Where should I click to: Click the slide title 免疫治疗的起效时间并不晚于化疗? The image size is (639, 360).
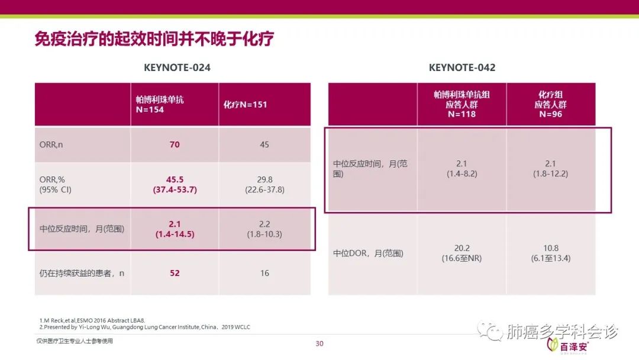pos(154,39)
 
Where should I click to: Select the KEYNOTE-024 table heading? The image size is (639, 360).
pos(177,67)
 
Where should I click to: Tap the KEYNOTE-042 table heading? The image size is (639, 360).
pos(462,67)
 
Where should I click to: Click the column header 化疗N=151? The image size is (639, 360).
pos(245,105)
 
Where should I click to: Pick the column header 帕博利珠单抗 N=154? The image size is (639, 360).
pos(160,104)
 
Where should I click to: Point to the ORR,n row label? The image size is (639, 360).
pos(51,144)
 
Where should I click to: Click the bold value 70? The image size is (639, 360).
pos(175,144)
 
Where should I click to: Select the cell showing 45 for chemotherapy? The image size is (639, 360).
pos(264,144)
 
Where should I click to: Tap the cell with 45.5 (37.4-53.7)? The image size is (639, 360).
pos(175,184)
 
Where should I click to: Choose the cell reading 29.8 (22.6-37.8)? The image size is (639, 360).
pos(265,184)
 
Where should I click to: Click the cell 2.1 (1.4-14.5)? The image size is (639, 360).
pos(175,229)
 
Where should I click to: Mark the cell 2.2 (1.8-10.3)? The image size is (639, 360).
pos(264,229)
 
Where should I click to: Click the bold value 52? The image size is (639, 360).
pos(175,273)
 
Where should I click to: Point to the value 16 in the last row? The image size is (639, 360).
pos(264,273)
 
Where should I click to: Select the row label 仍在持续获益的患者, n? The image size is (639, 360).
pos(82,273)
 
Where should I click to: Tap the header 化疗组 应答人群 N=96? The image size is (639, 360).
pos(551,104)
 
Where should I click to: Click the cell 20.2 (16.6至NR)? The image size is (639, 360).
pos(461,253)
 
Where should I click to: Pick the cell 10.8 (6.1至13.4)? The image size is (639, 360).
pos(551,253)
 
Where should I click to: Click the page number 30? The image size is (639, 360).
pos(319,343)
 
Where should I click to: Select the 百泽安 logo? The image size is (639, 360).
pos(567,346)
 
